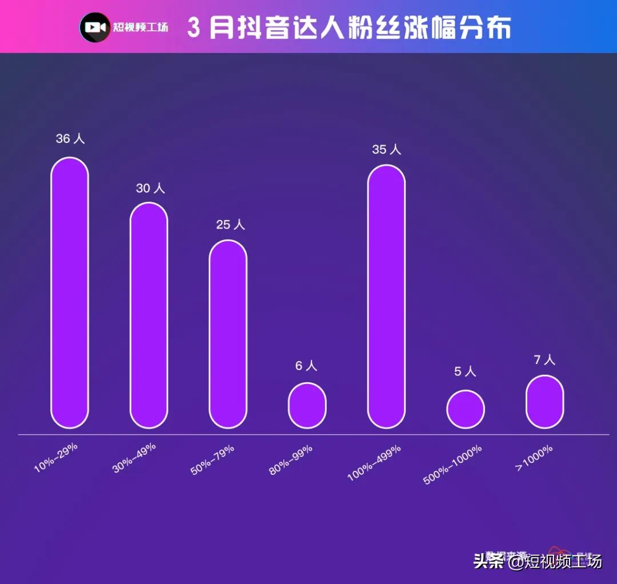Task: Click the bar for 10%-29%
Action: click(x=70, y=293)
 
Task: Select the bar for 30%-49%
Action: click(x=149, y=315)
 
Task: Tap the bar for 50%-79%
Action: click(x=228, y=334)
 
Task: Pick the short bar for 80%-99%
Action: click(x=307, y=406)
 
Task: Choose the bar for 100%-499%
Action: click(x=386, y=297)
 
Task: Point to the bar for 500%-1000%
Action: click(x=466, y=409)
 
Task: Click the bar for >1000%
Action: click(x=544, y=402)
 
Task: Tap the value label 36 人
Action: click(x=70, y=139)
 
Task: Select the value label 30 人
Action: click(x=150, y=188)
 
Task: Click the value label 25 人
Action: click(x=230, y=225)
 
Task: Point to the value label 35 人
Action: click(x=387, y=150)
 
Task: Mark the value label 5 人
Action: click(x=465, y=371)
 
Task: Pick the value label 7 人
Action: click(x=544, y=360)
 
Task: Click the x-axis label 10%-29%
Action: click(x=56, y=457)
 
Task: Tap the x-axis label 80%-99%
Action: click(x=291, y=459)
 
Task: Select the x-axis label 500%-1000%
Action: click(x=452, y=465)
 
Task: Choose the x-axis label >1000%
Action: click(x=534, y=457)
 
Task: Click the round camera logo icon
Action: click(x=95, y=27)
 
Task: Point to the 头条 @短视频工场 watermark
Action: click(x=537, y=561)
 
